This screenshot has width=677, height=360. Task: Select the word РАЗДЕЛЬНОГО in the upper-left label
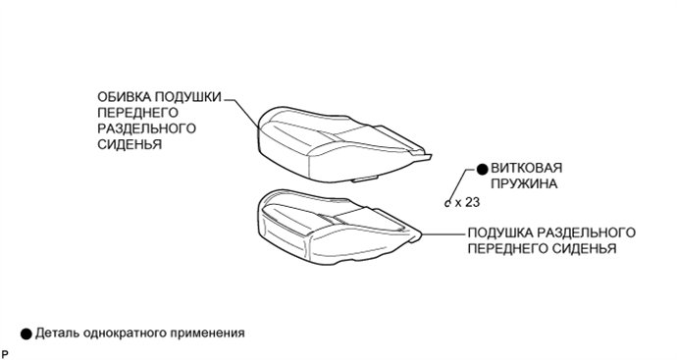click(x=147, y=129)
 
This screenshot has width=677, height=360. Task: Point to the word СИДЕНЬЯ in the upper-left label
click(x=130, y=144)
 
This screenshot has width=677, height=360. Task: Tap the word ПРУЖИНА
click(x=525, y=184)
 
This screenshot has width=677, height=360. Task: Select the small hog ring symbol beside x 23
click(x=448, y=204)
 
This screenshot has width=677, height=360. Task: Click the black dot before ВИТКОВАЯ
click(x=482, y=169)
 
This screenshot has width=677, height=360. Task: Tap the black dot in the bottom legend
click(x=25, y=333)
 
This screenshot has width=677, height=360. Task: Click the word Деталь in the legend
click(x=58, y=333)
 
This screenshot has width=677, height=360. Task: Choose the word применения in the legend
click(x=207, y=333)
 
